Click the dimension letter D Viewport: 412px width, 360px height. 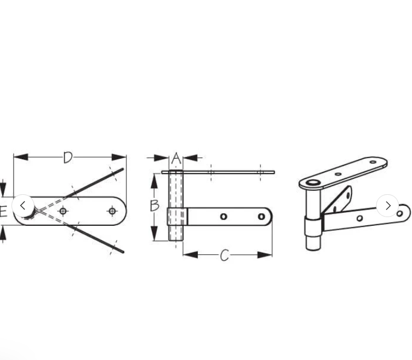(x=68, y=158)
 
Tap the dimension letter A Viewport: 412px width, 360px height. (x=175, y=158)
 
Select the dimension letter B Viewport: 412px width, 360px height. (x=155, y=205)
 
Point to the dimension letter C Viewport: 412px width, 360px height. (x=225, y=255)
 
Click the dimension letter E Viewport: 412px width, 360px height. (x=3, y=211)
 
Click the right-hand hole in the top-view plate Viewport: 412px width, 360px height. (x=112, y=211)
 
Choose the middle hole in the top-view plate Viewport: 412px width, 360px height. (x=64, y=211)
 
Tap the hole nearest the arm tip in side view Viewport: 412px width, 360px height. (x=262, y=217)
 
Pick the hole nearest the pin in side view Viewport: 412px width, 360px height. (x=223, y=217)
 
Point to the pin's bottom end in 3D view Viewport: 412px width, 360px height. (x=312, y=247)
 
